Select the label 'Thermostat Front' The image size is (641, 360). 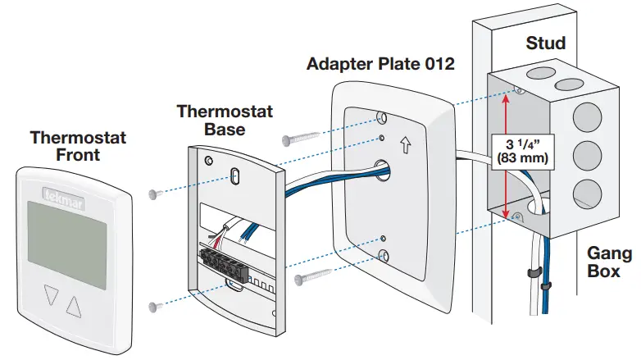pyautogui.click(x=78, y=146)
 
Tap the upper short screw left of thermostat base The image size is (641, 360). pyautogui.click(x=154, y=194)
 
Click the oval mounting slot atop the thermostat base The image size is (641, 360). pyautogui.click(x=234, y=176)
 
